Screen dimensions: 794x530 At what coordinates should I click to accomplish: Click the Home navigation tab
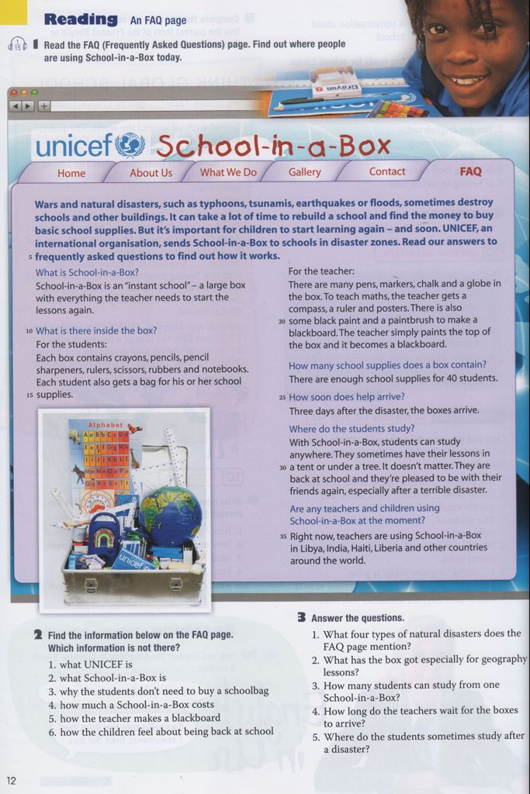[71, 173]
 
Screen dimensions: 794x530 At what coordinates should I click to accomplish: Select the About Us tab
[151, 173]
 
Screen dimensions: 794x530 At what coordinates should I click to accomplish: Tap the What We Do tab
[228, 172]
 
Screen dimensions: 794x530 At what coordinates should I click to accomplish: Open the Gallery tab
[304, 172]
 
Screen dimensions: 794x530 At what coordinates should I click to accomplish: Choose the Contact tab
[387, 172]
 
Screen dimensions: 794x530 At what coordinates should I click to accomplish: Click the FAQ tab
[470, 171]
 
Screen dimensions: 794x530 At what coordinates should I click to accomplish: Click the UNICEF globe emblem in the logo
[130, 145]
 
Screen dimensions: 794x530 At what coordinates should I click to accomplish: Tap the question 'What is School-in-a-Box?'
[87, 272]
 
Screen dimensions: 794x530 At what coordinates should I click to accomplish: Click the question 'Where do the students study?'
[352, 428]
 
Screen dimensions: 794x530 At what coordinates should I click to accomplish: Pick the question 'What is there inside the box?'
[96, 330]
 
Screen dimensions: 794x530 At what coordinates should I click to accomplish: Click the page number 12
[11, 779]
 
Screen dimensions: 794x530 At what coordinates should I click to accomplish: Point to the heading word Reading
[81, 19]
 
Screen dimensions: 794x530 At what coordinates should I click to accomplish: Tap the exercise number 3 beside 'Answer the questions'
[301, 617]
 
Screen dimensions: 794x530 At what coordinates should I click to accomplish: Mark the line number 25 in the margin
[282, 397]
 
